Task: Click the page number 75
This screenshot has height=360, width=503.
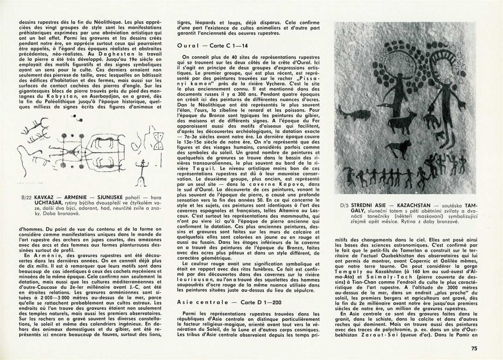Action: [x=474, y=348]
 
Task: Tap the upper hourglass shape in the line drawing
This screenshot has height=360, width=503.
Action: [x=159, y=137]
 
